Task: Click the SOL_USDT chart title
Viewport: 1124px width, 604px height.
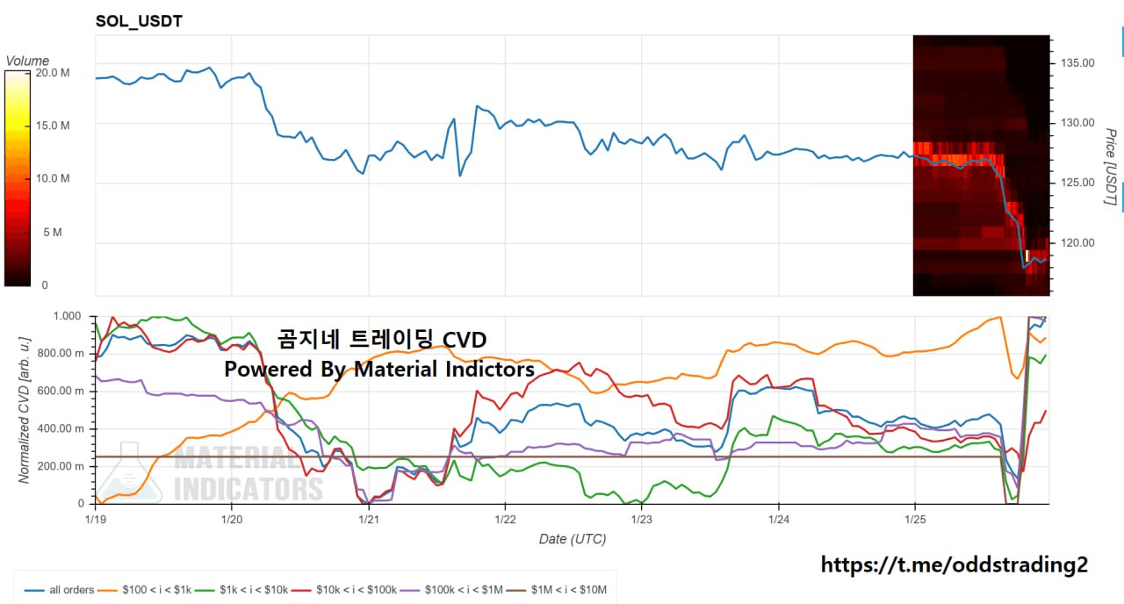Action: tap(139, 21)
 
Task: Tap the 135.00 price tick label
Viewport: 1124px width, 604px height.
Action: tap(1077, 63)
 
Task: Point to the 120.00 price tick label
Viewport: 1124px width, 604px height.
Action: tap(1077, 243)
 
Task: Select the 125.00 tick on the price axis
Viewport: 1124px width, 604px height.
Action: tap(1077, 183)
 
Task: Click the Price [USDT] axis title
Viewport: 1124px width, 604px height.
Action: tap(1110, 167)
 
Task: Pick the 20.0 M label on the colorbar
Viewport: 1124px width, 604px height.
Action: tap(52, 73)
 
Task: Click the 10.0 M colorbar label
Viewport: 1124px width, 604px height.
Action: tap(52, 179)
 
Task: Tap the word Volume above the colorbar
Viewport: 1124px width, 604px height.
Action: tap(27, 61)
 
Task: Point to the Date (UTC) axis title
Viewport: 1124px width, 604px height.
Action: tap(572, 539)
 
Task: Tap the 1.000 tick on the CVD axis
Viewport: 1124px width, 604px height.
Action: tap(68, 316)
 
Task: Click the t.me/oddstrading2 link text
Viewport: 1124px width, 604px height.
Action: tap(955, 565)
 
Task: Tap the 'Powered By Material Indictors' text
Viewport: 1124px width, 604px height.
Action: tap(379, 370)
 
